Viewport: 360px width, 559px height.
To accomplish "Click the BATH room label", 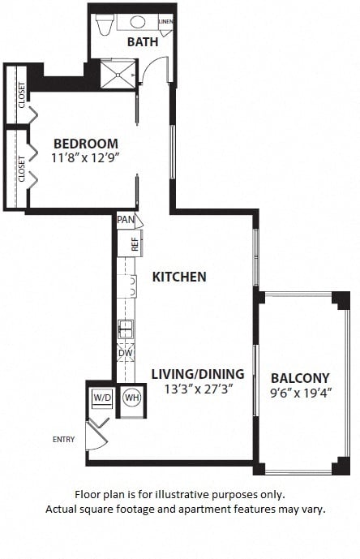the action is point(143,41).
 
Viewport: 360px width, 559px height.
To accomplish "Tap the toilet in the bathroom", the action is point(105,24).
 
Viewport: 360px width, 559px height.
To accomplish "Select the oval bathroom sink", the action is point(138,22).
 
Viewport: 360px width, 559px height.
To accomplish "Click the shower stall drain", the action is point(118,75).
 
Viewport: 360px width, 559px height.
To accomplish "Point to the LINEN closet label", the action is point(165,21).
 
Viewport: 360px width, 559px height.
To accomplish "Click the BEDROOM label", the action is point(86,144).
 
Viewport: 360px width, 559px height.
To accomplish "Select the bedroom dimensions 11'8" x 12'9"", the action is point(85,157).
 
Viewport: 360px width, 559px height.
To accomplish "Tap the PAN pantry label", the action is point(126,220).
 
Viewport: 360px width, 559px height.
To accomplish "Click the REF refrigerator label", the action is point(135,244).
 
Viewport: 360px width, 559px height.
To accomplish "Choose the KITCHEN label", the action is point(179,277).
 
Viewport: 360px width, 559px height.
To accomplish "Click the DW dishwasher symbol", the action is point(126,353).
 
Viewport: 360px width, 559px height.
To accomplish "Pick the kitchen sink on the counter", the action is point(126,329).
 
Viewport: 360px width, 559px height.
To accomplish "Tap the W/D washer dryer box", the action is point(103,398).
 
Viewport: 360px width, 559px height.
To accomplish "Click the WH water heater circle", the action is point(132,398).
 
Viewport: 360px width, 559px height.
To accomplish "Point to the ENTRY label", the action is point(64,439).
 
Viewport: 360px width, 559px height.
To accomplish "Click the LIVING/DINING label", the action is point(198,374).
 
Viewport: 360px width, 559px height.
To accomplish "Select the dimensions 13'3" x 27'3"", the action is point(199,389).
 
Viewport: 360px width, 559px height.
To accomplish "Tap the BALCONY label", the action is point(300,378).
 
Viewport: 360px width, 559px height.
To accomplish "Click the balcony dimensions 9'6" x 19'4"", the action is point(301,393).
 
